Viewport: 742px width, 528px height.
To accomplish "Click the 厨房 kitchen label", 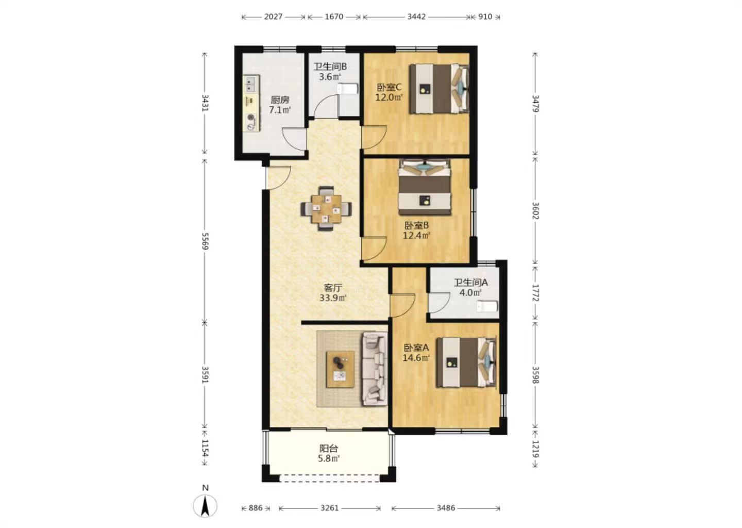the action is click(280, 100).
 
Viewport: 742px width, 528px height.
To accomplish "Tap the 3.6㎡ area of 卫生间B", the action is click(330, 77).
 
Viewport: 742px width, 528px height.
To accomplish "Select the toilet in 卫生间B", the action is click(347, 89).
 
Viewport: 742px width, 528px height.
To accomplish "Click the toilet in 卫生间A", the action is click(487, 306).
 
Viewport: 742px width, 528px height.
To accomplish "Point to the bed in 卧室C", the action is click(439, 89).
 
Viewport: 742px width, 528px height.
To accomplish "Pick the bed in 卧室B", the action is click(425, 187).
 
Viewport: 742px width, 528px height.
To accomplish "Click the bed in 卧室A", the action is click(466, 362).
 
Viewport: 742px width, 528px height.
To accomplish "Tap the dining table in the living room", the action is click(326, 209).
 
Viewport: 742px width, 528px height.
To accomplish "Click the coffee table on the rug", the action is click(340, 369).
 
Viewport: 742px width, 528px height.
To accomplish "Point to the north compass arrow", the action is click(206, 506).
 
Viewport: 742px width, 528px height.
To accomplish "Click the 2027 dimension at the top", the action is click(273, 16).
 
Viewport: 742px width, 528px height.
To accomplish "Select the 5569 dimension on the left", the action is click(206, 241).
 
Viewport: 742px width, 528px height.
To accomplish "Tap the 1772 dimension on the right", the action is click(535, 293).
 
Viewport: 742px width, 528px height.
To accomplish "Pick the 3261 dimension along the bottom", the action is click(330, 508).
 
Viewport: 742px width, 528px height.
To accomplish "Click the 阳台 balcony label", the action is click(329, 449).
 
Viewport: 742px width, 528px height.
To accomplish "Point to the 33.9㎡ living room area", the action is click(333, 298).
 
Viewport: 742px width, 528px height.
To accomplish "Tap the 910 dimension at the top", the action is click(485, 16).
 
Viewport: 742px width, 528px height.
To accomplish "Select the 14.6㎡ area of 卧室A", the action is click(416, 358).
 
